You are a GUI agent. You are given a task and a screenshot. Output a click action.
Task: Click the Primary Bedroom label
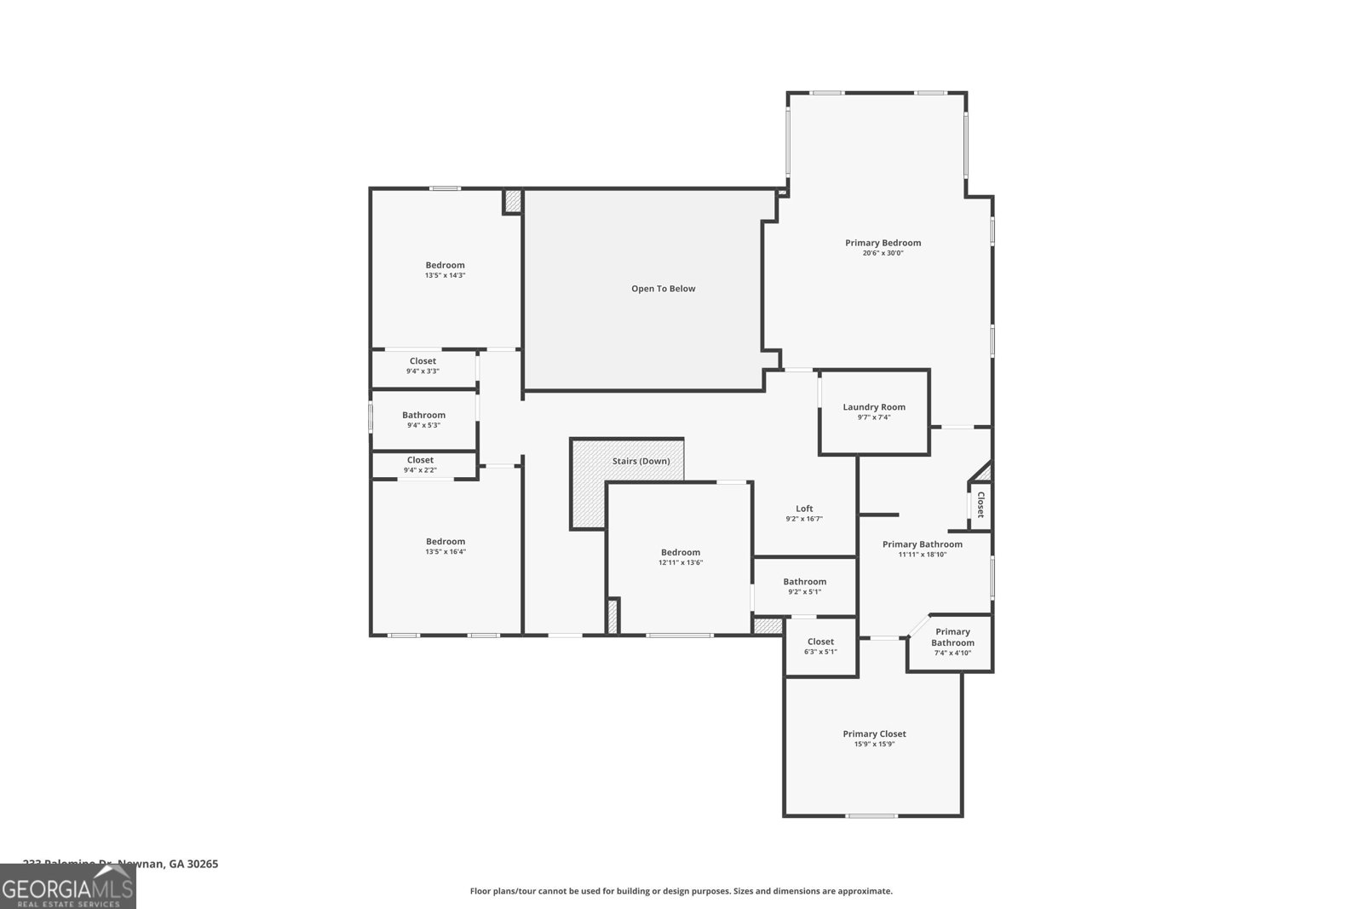883,243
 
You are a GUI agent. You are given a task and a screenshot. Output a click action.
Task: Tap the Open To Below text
663,289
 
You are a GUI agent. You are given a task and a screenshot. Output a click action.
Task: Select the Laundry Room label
874,407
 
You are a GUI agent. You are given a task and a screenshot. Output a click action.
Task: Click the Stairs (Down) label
641,461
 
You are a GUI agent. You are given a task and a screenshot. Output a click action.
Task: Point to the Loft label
804,509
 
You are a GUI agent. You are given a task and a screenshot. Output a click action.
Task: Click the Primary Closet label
874,734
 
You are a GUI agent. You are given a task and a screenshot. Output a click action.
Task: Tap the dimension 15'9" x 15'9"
874,745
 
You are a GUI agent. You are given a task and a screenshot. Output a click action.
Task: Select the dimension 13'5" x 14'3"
445,275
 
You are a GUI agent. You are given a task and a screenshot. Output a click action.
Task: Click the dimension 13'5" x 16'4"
445,552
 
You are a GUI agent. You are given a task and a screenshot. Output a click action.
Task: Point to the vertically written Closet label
980,504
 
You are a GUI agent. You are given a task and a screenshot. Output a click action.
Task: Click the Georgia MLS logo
67,887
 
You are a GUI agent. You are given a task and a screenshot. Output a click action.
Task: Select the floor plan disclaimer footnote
681,891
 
